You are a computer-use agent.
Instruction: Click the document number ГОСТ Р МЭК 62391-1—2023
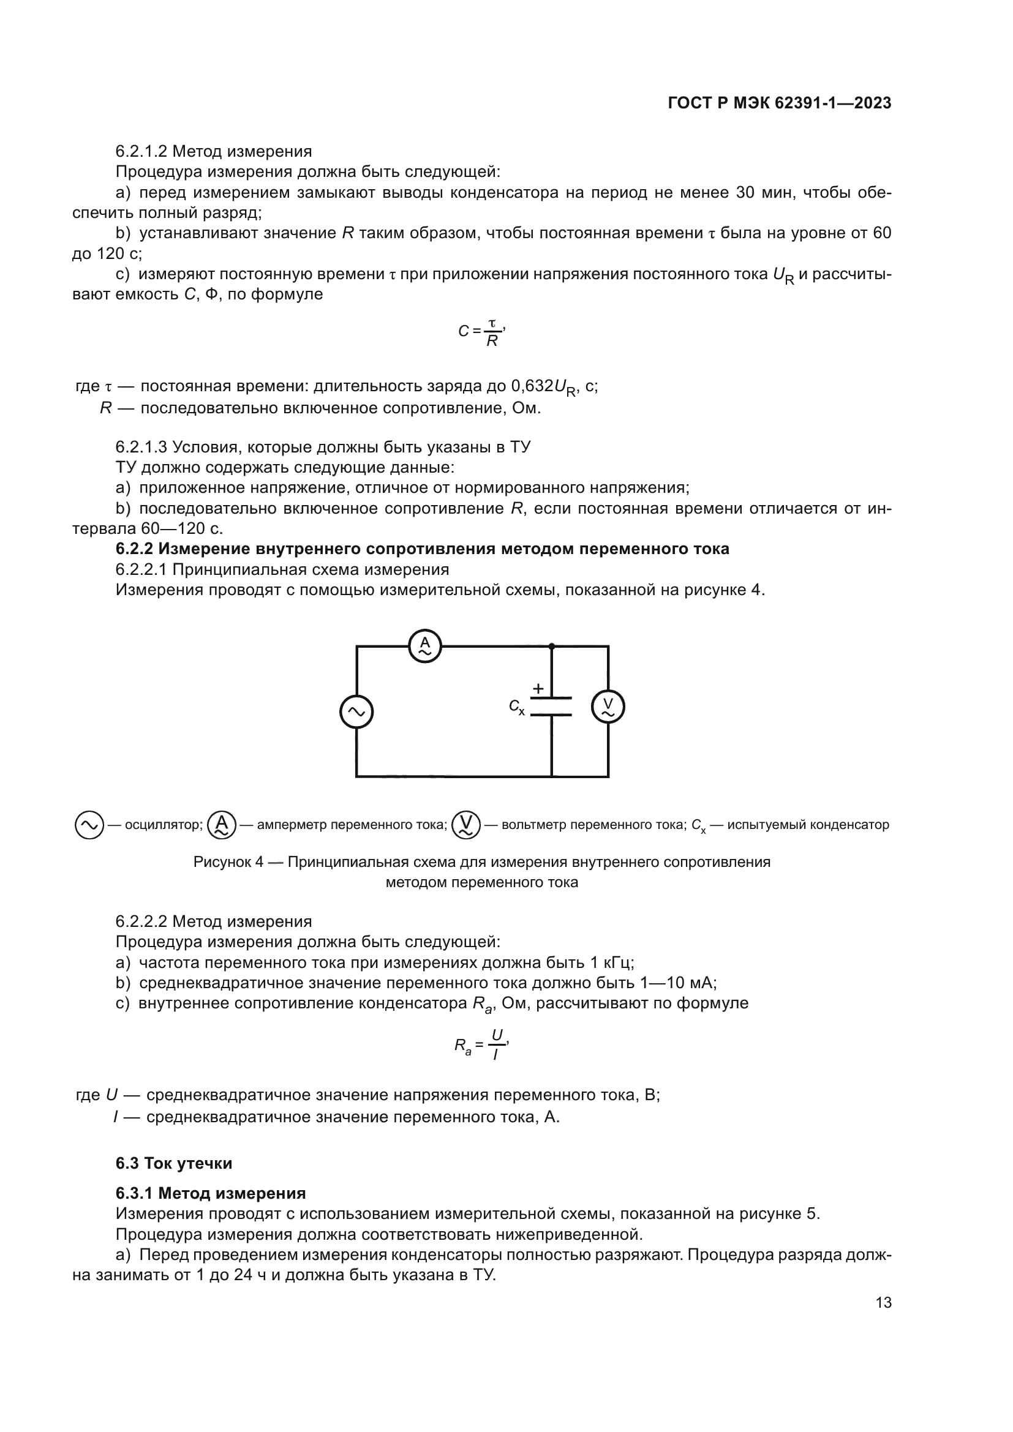coord(779,103)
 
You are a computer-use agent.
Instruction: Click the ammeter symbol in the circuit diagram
coord(425,646)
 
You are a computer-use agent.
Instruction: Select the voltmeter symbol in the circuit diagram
coord(608,707)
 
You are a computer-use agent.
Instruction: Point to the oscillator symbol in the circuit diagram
coord(356,711)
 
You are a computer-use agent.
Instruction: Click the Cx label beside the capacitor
coord(516,707)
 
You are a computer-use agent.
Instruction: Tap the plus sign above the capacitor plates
coord(538,689)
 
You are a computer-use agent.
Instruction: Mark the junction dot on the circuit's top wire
coord(551,646)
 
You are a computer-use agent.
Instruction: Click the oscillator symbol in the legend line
coord(89,825)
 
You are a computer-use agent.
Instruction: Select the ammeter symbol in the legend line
coord(222,825)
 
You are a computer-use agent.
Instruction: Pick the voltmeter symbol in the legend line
coord(466,825)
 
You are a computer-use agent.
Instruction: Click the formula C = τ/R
coord(481,332)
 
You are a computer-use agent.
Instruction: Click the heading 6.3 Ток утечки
coord(173,1164)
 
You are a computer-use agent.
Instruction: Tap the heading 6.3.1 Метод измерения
coord(210,1194)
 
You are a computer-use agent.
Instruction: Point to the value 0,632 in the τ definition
coord(532,387)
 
